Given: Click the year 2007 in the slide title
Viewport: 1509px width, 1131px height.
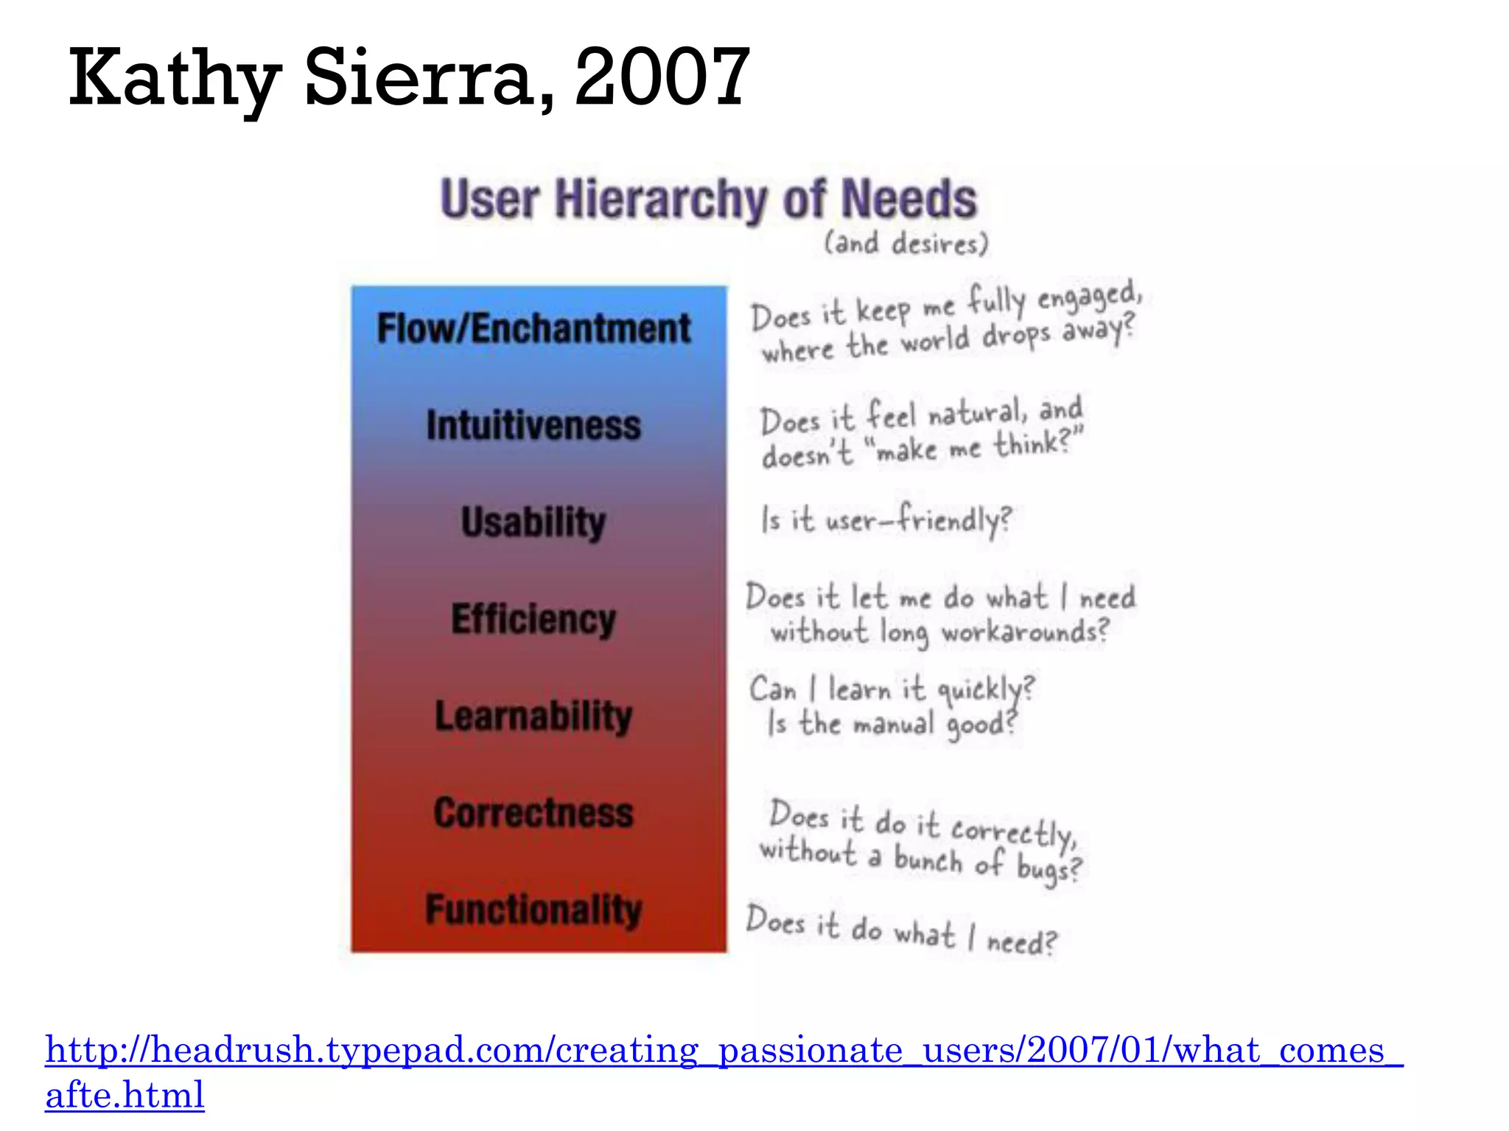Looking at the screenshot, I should point(662,77).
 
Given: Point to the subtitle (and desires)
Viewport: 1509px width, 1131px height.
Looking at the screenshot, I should point(906,243).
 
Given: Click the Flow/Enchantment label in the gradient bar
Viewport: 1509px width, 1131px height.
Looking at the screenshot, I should point(534,328).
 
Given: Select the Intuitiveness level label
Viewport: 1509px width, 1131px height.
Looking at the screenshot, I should point(534,426).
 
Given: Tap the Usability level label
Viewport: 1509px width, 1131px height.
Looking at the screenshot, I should point(534,522).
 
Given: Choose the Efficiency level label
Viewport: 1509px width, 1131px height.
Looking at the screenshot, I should point(534,619).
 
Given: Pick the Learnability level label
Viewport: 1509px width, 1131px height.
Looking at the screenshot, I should point(534,716).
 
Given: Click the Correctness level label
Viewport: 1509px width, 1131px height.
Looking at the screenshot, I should point(534,813).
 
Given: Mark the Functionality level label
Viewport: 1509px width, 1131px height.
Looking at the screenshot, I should point(534,909).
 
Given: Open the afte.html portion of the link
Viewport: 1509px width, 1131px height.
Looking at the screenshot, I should point(125,1095).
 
